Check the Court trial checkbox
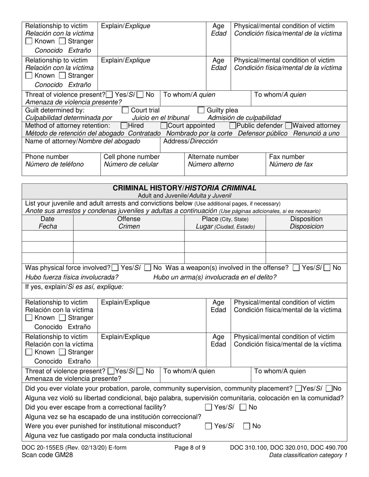coord(125,110)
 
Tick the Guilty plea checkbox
coord(201,110)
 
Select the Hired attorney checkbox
coord(124,126)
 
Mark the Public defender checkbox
coord(232,126)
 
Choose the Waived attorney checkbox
coord(288,126)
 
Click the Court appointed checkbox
coord(164,126)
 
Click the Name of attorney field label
coord(82,141)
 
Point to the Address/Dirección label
coord(190,141)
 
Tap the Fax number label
coord(287,157)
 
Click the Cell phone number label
coord(131,157)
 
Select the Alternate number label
coord(213,157)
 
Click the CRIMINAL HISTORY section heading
coord(184,188)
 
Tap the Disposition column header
coord(306,219)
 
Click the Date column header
coord(48,219)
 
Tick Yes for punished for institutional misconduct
coord(209,426)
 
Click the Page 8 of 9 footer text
coord(190,448)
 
